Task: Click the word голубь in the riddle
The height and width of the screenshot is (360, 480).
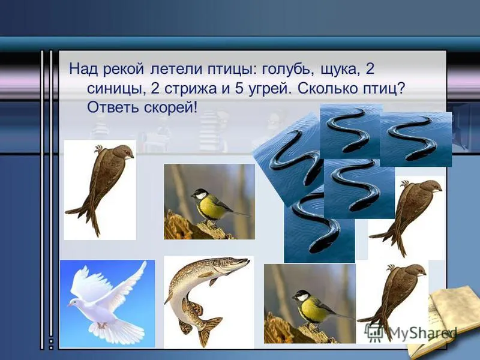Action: pos(289,70)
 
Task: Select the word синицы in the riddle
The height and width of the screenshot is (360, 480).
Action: pos(116,89)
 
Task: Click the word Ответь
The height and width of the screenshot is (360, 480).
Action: pos(113,107)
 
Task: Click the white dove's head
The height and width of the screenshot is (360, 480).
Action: pos(73,303)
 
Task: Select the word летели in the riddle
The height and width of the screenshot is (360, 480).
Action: pos(176,70)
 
